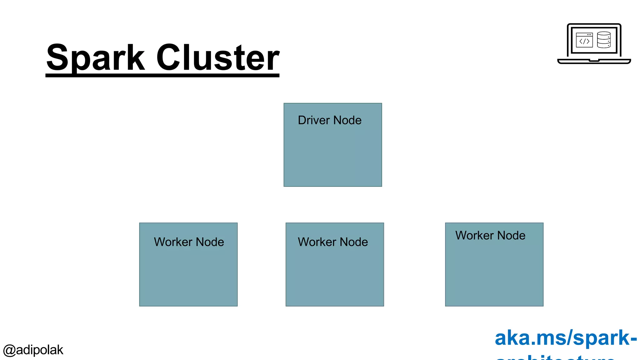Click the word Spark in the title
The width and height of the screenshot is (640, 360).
[96, 58]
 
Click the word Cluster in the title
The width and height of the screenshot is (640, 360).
[217, 57]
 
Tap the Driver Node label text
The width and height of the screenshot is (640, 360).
[329, 120]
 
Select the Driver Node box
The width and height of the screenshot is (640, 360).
[332, 153]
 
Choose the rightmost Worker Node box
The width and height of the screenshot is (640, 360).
[494, 272]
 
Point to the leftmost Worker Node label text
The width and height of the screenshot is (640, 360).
[189, 242]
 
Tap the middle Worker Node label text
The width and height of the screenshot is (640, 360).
[332, 242]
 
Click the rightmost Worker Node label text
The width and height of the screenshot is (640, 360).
[490, 236]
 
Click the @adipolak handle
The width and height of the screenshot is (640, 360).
[33, 350]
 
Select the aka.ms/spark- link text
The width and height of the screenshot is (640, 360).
[566, 338]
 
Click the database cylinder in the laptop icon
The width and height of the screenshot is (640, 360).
[603, 40]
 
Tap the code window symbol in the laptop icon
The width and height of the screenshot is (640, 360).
[584, 40]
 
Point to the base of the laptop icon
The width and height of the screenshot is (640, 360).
[594, 61]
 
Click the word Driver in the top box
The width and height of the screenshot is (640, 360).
[314, 120]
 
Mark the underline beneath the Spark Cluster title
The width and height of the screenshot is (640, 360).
[162, 75]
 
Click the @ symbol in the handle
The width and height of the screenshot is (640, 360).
[9, 350]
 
